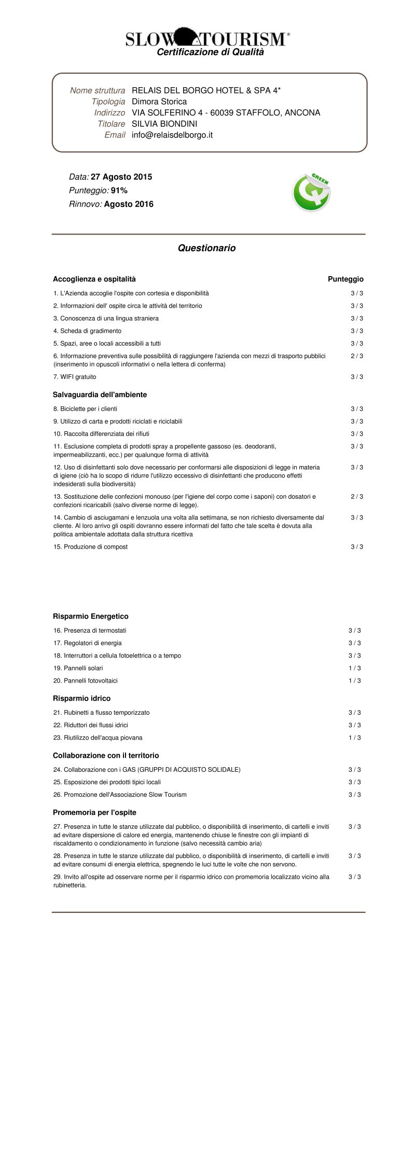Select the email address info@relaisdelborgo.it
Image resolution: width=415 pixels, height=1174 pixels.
coord(172,135)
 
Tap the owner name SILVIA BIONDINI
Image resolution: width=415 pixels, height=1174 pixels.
coord(164,124)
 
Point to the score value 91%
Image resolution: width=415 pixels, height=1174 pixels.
coord(119,190)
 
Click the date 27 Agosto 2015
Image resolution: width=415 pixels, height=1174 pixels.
coord(121,177)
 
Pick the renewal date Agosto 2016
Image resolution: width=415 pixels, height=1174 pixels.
coord(129,204)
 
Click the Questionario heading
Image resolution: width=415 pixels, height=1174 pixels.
coord(206,248)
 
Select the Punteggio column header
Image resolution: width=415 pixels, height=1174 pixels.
coord(345,279)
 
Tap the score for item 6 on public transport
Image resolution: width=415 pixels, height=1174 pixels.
coord(356,356)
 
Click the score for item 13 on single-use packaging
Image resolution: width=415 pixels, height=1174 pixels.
coord(356,497)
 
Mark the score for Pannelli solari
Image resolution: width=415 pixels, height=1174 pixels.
coord(354,668)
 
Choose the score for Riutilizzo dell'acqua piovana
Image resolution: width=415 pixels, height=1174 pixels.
coord(354,738)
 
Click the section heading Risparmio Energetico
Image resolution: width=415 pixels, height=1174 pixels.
coord(91,617)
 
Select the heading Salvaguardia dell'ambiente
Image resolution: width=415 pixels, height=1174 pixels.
coord(100,395)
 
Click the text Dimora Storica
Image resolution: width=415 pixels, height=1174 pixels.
coord(159,102)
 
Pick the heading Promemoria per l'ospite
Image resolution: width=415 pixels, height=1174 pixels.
coord(94,813)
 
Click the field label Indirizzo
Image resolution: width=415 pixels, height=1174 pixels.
coord(109,113)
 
